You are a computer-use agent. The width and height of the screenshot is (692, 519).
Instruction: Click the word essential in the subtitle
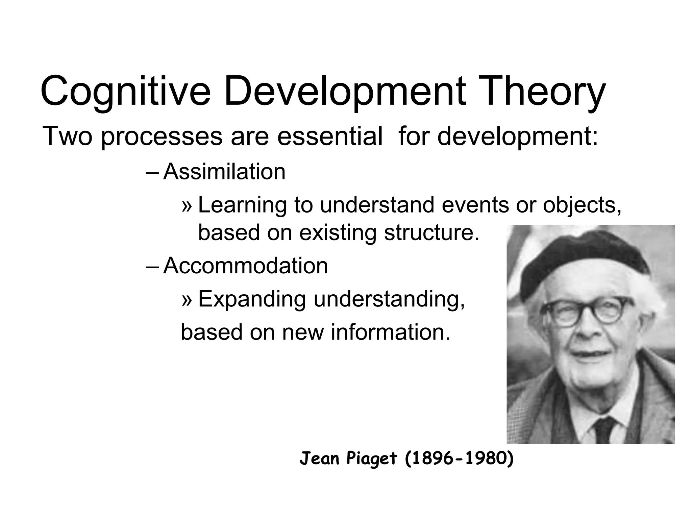coord(330,136)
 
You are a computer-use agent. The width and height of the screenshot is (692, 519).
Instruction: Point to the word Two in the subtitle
coord(67,136)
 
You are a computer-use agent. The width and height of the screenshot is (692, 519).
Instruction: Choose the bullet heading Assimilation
coord(224,172)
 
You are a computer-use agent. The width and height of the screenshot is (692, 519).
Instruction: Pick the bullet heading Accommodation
coord(246,266)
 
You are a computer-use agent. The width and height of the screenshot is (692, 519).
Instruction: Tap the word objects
coord(582,205)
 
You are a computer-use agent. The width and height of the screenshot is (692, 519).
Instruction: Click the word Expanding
coord(252,299)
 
